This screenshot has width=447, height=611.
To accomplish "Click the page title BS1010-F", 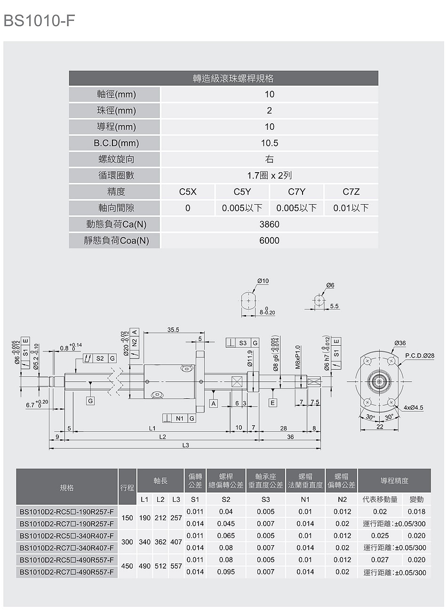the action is click(x=39, y=21).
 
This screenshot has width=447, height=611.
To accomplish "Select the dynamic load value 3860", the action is click(x=269, y=224).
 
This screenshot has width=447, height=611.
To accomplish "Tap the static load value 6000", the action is click(x=269, y=240).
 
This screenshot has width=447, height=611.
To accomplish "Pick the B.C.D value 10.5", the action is click(x=269, y=143).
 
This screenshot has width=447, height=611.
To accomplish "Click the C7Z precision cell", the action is click(x=351, y=192).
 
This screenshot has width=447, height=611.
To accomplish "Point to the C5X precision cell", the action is click(x=188, y=192).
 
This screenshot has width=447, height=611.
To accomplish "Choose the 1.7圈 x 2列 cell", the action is click(x=269, y=175).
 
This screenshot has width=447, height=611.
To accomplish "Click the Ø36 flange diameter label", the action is click(x=400, y=343).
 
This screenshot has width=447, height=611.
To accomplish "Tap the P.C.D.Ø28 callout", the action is click(x=420, y=356).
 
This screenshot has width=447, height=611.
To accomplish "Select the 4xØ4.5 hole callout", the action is click(x=414, y=407).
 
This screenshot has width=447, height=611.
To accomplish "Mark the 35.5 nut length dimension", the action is click(x=173, y=330).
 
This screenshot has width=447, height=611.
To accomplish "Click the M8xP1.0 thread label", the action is click(x=298, y=357).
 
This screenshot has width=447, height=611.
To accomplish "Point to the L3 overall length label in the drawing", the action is click(x=185, y=445).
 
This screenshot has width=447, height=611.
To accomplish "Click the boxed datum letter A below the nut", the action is click(x=214, y=404).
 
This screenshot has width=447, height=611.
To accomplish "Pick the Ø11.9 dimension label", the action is click(x=250, y=358).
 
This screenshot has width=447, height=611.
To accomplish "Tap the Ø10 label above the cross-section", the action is click(x=263, y=281).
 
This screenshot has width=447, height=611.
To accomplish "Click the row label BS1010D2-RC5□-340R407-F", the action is click(x=67, y=536).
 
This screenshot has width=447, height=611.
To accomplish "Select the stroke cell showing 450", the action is click(x=127, y=566).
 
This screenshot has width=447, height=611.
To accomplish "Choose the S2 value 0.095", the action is click(x=226, y=571).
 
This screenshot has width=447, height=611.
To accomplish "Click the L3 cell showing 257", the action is click(x=176, y=518).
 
